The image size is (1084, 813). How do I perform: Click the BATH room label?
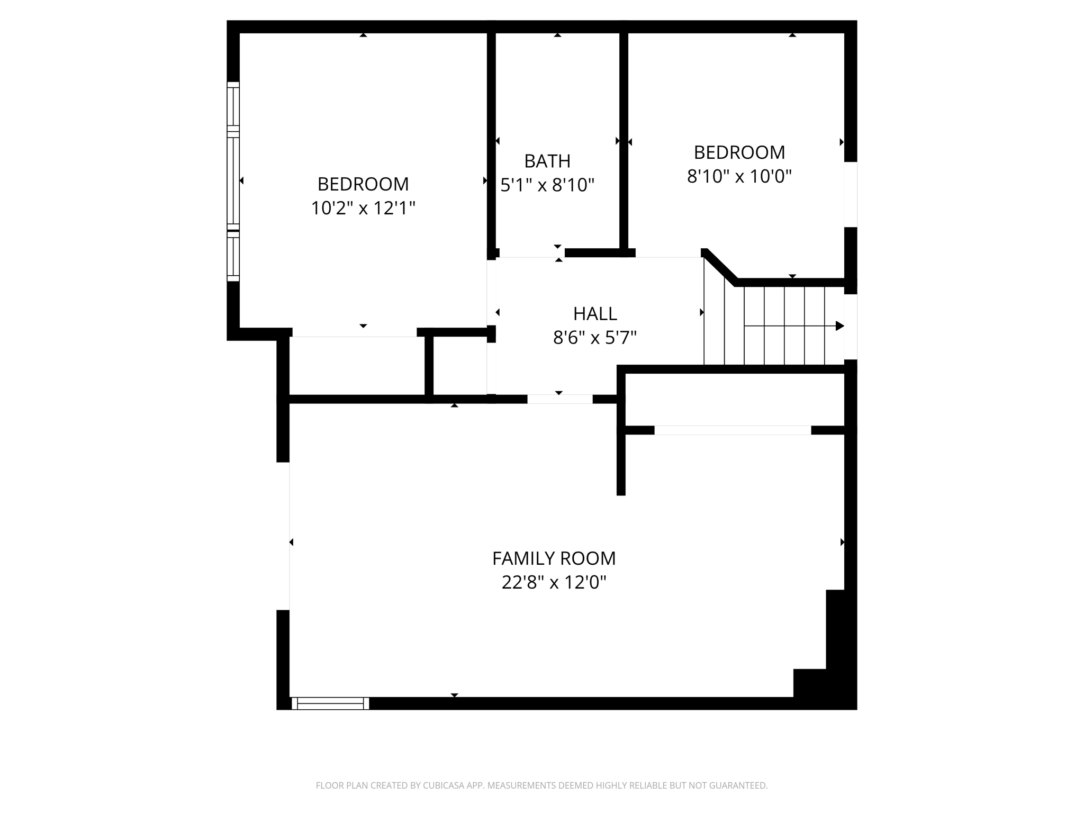547,161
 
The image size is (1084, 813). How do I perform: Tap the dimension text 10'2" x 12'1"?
363,209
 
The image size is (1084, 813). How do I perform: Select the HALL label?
595,314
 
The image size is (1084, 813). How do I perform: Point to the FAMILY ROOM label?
554,558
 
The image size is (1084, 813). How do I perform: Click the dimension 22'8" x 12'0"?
554,583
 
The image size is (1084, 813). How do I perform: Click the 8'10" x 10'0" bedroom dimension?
739,176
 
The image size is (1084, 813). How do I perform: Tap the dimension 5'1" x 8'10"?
547,185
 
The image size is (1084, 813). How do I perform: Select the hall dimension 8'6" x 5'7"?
595,337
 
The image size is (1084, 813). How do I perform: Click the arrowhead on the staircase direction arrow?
839,326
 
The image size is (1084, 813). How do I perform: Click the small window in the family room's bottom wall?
330,703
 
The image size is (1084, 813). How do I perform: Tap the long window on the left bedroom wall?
233,182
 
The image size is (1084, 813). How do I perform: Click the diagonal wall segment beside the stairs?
720,267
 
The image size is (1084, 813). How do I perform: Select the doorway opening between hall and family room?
559,399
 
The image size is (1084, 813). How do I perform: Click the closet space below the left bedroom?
357,366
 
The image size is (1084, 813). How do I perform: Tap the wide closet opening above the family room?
733,430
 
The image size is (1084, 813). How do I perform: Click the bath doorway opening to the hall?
531,254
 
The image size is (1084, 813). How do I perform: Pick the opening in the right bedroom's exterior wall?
851,194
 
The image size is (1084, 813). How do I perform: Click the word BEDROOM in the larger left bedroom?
363,184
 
